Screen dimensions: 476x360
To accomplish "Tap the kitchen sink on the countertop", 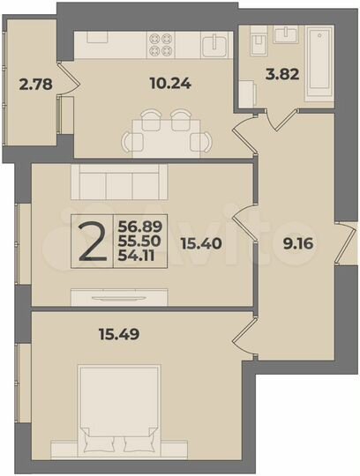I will (x=213, y=43).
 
